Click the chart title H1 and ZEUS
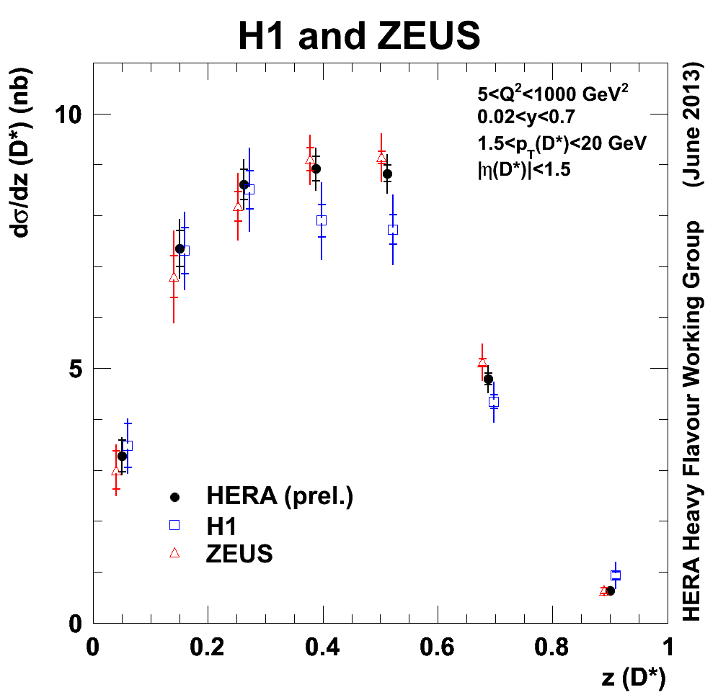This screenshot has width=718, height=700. (358, 35)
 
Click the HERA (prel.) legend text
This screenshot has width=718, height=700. (280, 497)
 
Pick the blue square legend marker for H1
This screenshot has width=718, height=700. (173, 526)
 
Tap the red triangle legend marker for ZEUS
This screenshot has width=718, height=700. (173, 553)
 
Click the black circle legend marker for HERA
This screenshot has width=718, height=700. (173, 497)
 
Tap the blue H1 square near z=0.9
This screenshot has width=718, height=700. (616, 575)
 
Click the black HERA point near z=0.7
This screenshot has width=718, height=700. (488, 379)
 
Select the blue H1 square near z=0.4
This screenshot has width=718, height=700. (322, 220)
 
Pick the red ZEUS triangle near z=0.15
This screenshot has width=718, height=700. (174, 277)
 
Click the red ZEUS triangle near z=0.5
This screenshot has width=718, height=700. (381, 158)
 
